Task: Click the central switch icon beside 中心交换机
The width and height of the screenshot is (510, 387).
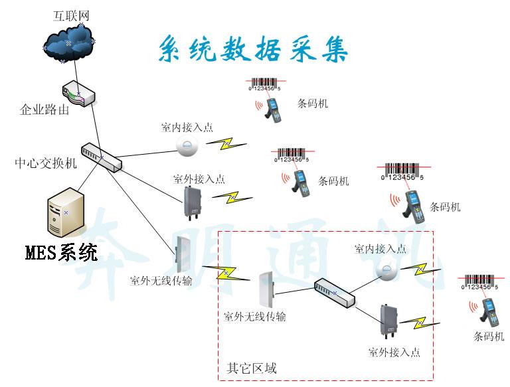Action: pos(102,157)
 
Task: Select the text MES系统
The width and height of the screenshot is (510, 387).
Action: pos(60,253)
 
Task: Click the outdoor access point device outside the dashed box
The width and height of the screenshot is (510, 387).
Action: pos(193,202)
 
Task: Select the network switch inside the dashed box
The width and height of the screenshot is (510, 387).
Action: pos(334,292)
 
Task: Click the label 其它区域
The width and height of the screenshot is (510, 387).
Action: pos(252,368)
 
